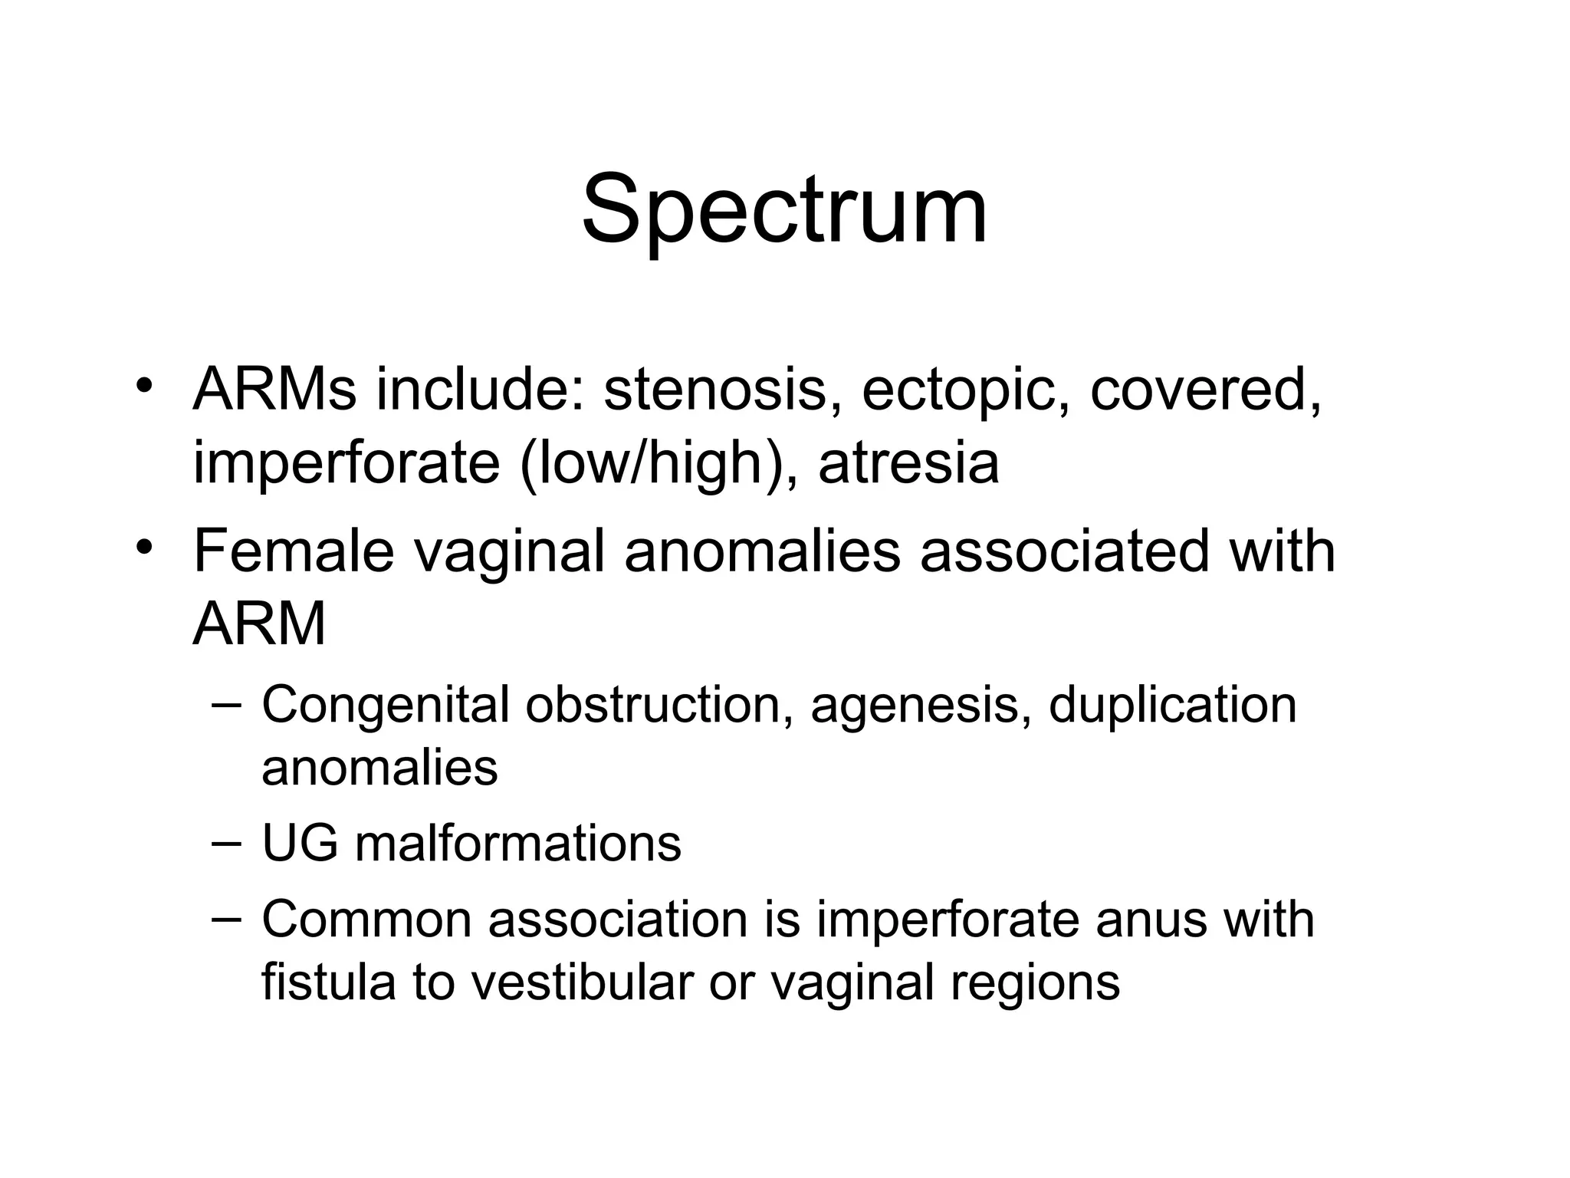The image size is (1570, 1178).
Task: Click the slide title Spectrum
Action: [x=784, y=209]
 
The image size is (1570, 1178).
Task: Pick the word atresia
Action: [x=908, y=462]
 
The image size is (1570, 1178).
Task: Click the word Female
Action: [x=294, y=550]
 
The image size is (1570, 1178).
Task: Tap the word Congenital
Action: [x=386, y=705]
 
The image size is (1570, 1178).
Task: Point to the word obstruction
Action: [x=659, y=703]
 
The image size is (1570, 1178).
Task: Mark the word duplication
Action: [x=1172, y=703]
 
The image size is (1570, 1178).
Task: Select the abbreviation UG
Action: [x=300, y=843]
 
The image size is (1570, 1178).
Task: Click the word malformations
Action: [x=518, y=843]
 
